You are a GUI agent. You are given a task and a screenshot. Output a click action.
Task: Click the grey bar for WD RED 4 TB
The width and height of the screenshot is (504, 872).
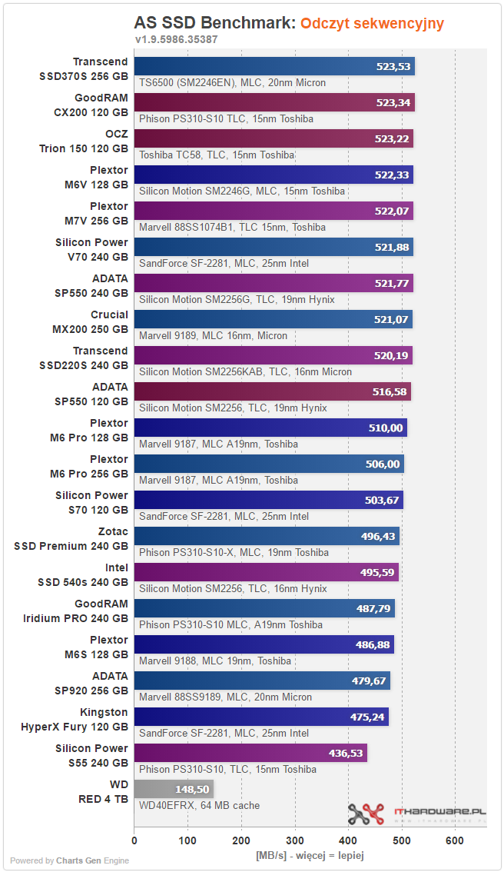point(174,789)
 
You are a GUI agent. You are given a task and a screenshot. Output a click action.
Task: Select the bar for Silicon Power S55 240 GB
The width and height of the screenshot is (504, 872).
point(250,753)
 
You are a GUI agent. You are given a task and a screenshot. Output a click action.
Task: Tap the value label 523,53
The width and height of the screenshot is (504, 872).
point(393,67)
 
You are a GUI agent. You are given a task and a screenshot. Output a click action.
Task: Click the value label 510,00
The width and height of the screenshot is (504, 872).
point(386,428)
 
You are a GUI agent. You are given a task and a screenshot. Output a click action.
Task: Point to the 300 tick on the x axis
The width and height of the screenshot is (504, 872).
point(294,840)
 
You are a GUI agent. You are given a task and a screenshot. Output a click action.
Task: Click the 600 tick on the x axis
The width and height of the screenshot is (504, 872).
point(455,840)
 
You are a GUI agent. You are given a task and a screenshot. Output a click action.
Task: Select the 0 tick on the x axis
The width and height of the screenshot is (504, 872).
point(134,840)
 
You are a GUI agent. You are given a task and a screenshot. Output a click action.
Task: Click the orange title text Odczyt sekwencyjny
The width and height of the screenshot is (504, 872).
point(373,23)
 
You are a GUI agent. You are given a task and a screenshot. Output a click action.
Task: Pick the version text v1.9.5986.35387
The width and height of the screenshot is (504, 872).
point(177,39)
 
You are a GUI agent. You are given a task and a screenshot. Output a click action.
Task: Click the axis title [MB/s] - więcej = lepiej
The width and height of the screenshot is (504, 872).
point(310,855)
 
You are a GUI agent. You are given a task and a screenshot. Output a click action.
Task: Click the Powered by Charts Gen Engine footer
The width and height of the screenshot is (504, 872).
point(69,860)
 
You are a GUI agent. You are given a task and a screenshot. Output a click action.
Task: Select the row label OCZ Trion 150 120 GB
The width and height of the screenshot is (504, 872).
point(83,141)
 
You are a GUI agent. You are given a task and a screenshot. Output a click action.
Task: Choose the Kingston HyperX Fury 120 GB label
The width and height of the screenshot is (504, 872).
point(75,720)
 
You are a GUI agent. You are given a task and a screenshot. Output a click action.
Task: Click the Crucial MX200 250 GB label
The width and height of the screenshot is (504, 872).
point(90,322)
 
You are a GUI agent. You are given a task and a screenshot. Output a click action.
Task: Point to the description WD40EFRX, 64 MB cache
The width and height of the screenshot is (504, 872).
point(200,805)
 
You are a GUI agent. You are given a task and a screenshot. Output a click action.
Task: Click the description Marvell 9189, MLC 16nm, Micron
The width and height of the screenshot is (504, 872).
point(214,335)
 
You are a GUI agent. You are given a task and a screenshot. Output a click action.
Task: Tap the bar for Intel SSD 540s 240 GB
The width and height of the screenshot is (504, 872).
point(267,572)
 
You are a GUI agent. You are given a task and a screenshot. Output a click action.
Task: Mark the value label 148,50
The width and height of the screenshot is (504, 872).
point(192,790)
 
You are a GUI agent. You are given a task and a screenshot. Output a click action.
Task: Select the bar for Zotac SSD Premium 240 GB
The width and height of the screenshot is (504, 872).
point(267,536)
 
